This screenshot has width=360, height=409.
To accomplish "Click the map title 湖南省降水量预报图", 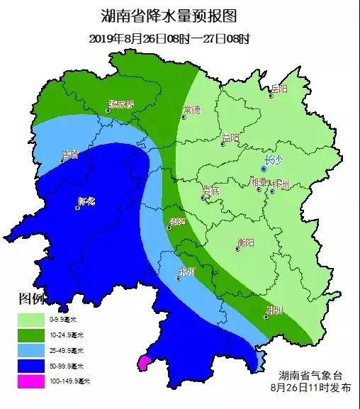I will [179, 17].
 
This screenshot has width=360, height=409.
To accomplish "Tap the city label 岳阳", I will [279, 89].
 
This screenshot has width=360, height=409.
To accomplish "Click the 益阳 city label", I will [230, 137].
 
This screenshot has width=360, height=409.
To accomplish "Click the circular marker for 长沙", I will [264, 169].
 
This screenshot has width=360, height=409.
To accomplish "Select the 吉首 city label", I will [69, 153].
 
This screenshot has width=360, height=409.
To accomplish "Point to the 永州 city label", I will [186, 271].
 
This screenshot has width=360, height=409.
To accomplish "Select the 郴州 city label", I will [274, 310].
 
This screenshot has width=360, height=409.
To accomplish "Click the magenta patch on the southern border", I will [144, 364].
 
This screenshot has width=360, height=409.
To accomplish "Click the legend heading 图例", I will [32, 298].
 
